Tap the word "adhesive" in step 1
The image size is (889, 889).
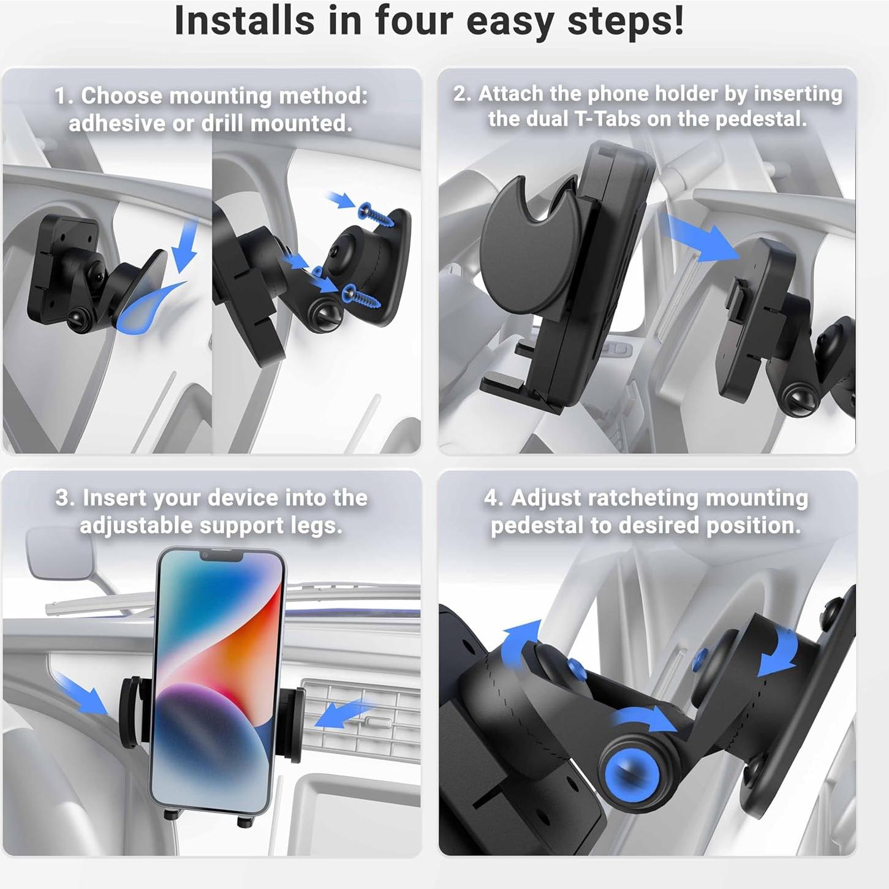[116, 124]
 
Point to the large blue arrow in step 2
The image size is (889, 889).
[702, 238]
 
